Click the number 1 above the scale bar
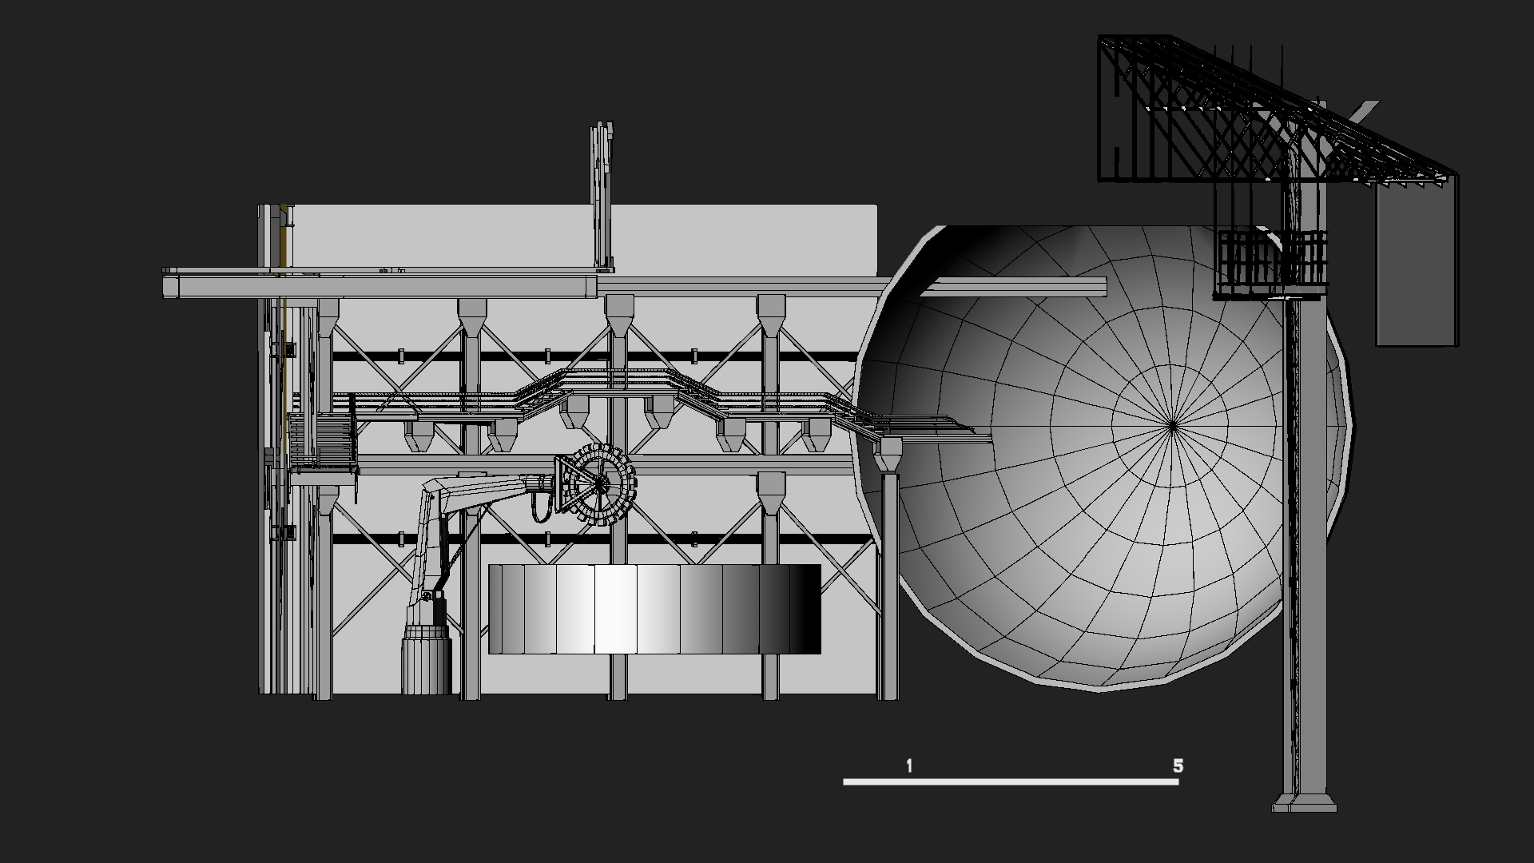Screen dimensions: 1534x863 click(x=909, y=766)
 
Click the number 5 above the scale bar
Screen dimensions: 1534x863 click(x=1178, y=766)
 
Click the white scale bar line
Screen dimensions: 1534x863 click(x=1011, y=781)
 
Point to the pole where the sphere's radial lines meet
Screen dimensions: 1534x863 click(x=1172, y=426)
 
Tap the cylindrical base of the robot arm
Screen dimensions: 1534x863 click(x=427, y=659)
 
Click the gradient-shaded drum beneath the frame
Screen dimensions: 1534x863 click(x=654, y=609)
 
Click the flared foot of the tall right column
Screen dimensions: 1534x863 click(x=1305, y=802)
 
